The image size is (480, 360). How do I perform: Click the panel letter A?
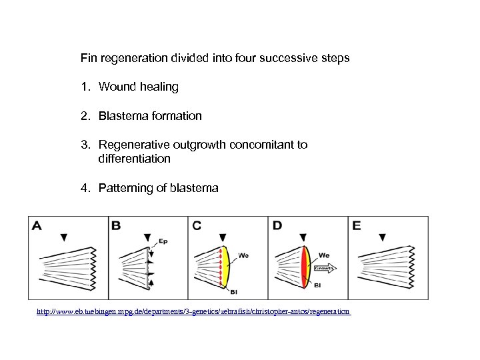tap(37, 225)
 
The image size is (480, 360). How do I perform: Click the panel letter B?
tap(116, 225)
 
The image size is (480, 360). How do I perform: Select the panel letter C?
tap(197, 225)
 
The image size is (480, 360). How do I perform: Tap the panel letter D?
tap(277, 225)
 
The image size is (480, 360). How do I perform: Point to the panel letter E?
tap(356, 225)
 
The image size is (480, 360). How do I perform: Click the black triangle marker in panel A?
tap(64, 237)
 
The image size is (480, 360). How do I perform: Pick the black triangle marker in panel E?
tap(382, 237)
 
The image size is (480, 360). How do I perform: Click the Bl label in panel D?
tap(316, 285)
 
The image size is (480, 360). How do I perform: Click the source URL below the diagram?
tap(194, 311)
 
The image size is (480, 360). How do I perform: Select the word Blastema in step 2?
tap(123, 116)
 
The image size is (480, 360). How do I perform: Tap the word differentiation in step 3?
tap(134, 159)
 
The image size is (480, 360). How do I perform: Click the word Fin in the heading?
tap(88, 58)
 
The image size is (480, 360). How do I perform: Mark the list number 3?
tap(84, 145)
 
